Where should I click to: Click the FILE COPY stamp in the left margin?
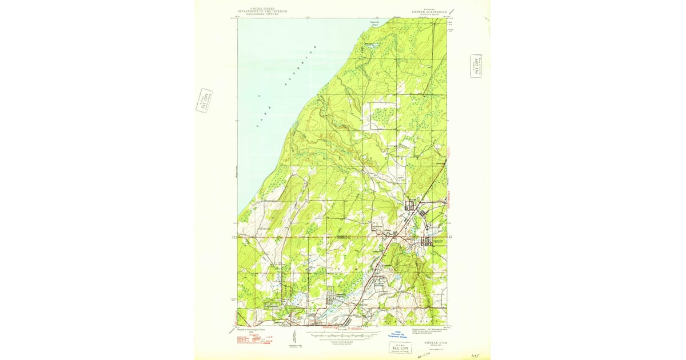[x=204, y=101]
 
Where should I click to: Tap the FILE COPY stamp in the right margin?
[x=476, y=66]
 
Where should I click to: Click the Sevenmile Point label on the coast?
[x=375, y=24]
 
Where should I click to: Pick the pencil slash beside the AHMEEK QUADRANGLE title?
[x=452, y=11]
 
